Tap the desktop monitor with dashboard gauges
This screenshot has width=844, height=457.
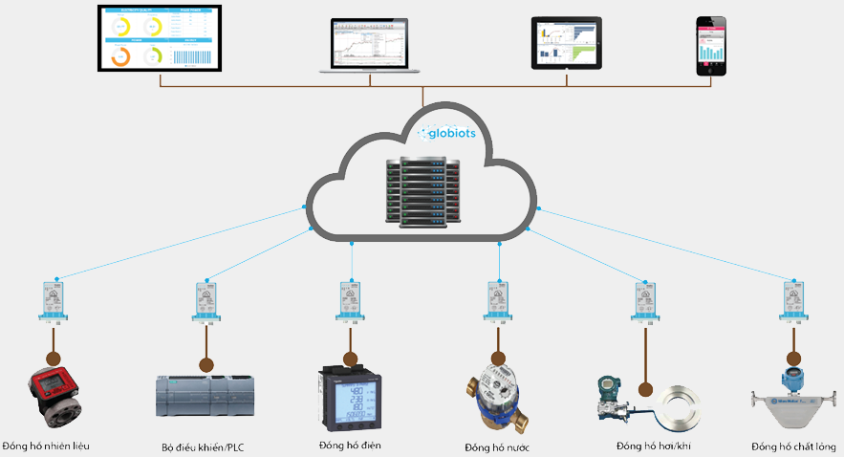[159, 38]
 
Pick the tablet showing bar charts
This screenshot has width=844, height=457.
[566, 42]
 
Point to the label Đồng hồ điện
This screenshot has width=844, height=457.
[349, 446]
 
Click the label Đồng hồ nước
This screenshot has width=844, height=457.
[497, 447]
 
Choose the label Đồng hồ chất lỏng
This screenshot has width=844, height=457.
[793, 446]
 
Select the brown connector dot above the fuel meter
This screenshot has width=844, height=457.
[54, 360]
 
